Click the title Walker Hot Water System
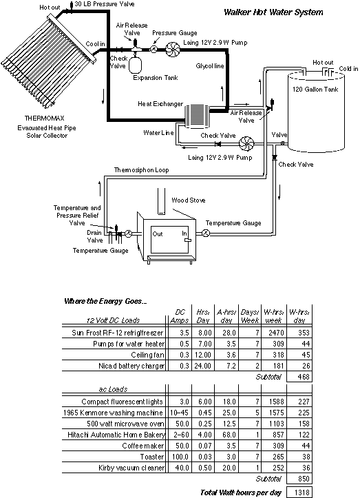pos(273,12)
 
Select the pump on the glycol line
pos(173,50)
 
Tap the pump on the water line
pos(246,143)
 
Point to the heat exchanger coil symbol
pos(196,117)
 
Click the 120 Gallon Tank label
pos(315,90)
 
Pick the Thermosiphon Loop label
pos(141,170)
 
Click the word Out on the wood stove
pos(158,234)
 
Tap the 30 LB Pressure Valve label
pos(105,4)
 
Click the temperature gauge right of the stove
pos(206,234)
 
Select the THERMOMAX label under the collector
pos(45,118)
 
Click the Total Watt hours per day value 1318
pos(301,492)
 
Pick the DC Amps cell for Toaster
pos(180,457)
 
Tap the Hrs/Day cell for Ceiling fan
pos(203,355)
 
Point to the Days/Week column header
pos(250,316)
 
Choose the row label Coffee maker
pos(143,446)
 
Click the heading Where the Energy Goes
pos(105,301)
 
